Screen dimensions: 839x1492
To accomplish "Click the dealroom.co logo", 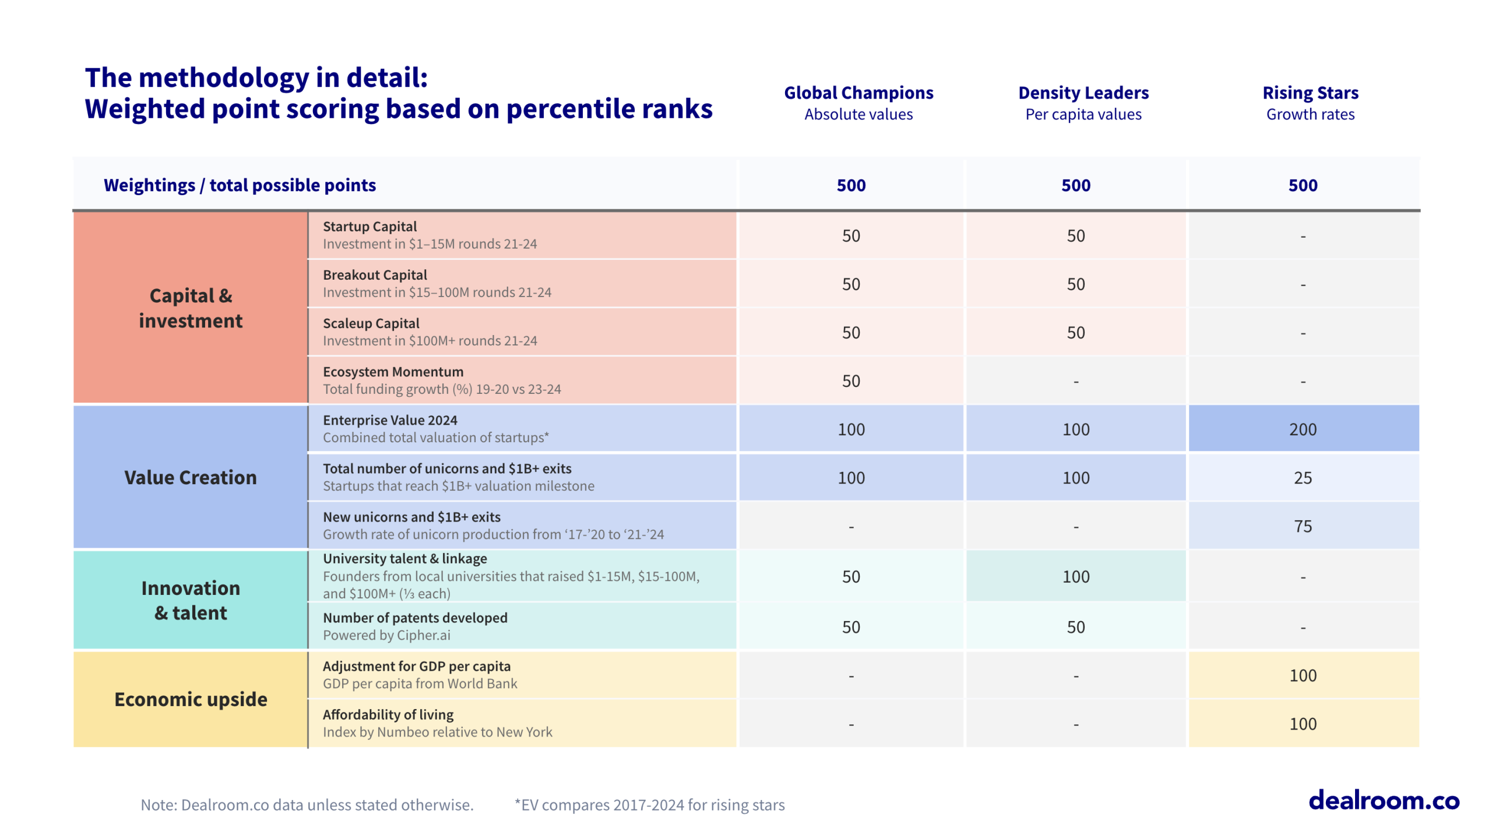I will tap(1383, 801).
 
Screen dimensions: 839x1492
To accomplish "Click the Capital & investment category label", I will tap(191, 308).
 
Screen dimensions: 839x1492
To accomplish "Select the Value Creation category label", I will tap(191, 477).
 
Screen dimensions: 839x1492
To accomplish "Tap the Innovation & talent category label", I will tap(191, 600).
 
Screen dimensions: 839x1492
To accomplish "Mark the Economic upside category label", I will tap(191, 699).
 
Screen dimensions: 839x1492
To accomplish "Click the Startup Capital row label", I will tap(370, 227).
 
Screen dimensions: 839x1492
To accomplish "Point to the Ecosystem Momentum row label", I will tap(393, 372).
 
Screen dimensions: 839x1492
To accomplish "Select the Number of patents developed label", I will tap(415, 618).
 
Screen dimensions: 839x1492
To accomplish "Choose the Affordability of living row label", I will tap(388, 714).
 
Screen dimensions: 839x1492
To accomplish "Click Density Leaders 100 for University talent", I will tap(1075, 577).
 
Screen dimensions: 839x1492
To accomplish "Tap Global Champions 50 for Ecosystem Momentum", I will tap(851, 381).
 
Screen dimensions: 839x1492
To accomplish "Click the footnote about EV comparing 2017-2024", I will tap(649, 805).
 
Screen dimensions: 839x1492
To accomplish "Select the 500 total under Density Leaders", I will tap(1075, 185).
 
